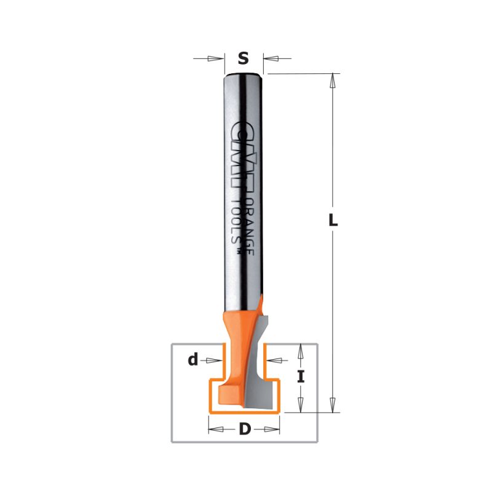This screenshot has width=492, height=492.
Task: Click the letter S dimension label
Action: coord(243,58)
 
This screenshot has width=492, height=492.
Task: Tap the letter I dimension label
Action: coord(301,377)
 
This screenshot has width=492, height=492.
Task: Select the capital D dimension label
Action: coord(245,429)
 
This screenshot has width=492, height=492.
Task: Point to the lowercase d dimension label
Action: coord(193,360)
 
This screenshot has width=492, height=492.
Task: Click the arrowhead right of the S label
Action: coord(271,58)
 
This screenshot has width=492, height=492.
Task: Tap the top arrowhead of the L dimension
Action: coord(333,81)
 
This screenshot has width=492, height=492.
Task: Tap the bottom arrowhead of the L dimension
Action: coord(333,405)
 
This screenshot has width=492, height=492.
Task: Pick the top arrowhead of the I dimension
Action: coord(301,351)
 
